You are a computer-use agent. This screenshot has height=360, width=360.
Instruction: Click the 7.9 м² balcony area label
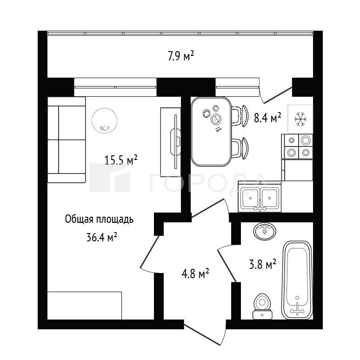click(181, 56)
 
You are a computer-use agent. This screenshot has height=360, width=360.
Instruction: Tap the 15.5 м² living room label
click(121, 160)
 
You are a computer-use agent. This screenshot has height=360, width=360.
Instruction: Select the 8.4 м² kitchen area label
click(267, 118)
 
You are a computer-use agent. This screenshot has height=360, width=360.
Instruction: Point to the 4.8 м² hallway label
click(195, 273)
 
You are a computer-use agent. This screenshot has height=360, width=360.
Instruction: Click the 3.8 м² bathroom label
click(262, 265)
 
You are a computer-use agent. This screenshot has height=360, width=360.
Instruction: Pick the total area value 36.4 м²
click(102, 237)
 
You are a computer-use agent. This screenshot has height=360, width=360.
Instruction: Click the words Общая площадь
click(99, 219)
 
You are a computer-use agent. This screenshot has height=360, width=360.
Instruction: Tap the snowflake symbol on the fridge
click(300, 119)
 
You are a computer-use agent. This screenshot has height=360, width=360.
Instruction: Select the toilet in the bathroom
click(262, 306)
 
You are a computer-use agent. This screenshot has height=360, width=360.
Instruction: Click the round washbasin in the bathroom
click(265, 231)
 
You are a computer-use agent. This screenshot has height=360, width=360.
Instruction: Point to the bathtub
click(297, 280)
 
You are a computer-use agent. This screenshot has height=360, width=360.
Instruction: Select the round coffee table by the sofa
click(105, 120)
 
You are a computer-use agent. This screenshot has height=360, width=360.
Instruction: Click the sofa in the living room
click(67, 140)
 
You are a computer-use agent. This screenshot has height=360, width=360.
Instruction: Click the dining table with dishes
click(211, 131)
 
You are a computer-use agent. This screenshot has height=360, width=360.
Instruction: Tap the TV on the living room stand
click(175, 142)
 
